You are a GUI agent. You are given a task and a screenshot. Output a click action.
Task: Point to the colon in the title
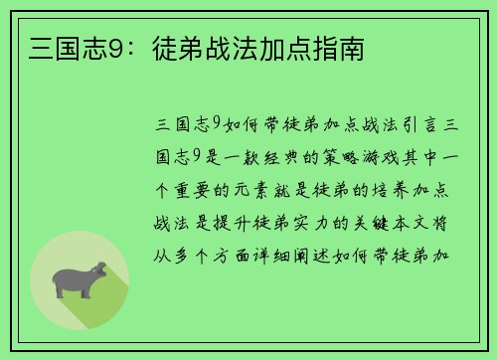coord(130,47)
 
